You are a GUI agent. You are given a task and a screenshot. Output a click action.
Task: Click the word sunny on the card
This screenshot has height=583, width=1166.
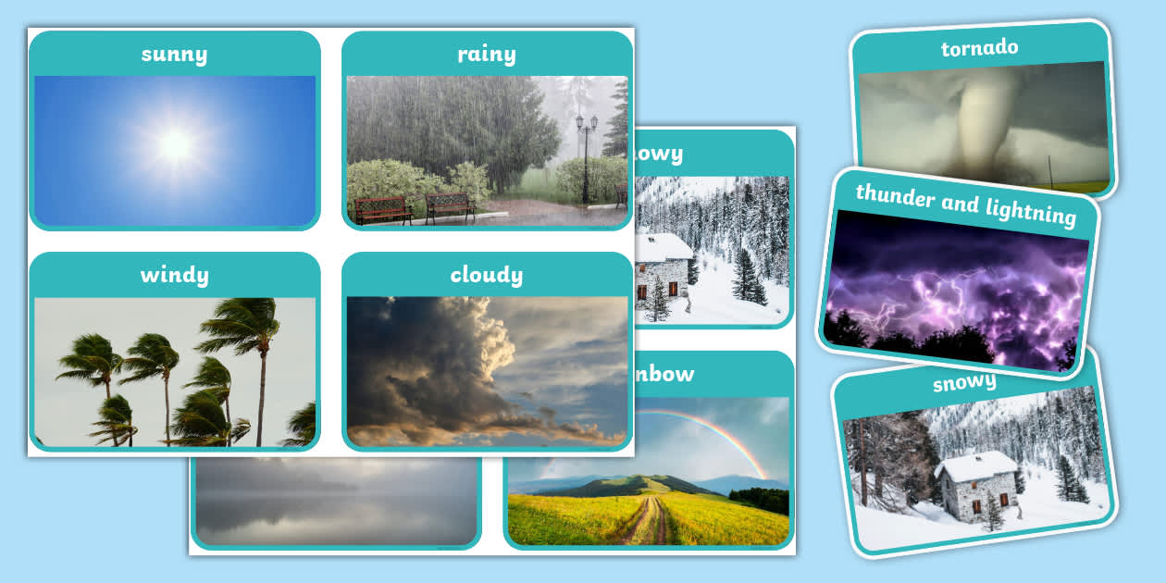174,54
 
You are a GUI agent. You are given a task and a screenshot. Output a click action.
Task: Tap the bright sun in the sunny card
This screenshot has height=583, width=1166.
175,144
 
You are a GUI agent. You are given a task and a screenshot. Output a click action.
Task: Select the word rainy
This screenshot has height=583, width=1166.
486,54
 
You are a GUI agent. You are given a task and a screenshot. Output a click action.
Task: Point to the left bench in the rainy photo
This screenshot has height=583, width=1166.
382,208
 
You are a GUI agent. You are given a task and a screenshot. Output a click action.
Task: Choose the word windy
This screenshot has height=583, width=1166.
174,275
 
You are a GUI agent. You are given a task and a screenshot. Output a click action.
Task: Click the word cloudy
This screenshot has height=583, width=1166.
486,275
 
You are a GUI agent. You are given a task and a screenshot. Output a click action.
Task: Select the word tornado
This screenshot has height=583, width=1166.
979,48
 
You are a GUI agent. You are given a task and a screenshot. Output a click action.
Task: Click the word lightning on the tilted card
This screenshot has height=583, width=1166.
1030,211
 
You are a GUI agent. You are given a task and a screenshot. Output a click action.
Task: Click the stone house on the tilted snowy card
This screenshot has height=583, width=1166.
975,485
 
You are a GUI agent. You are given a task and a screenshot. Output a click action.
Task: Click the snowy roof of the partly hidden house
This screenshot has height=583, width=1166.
663,247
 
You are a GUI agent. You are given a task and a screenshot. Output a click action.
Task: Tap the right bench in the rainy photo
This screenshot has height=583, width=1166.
450,206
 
